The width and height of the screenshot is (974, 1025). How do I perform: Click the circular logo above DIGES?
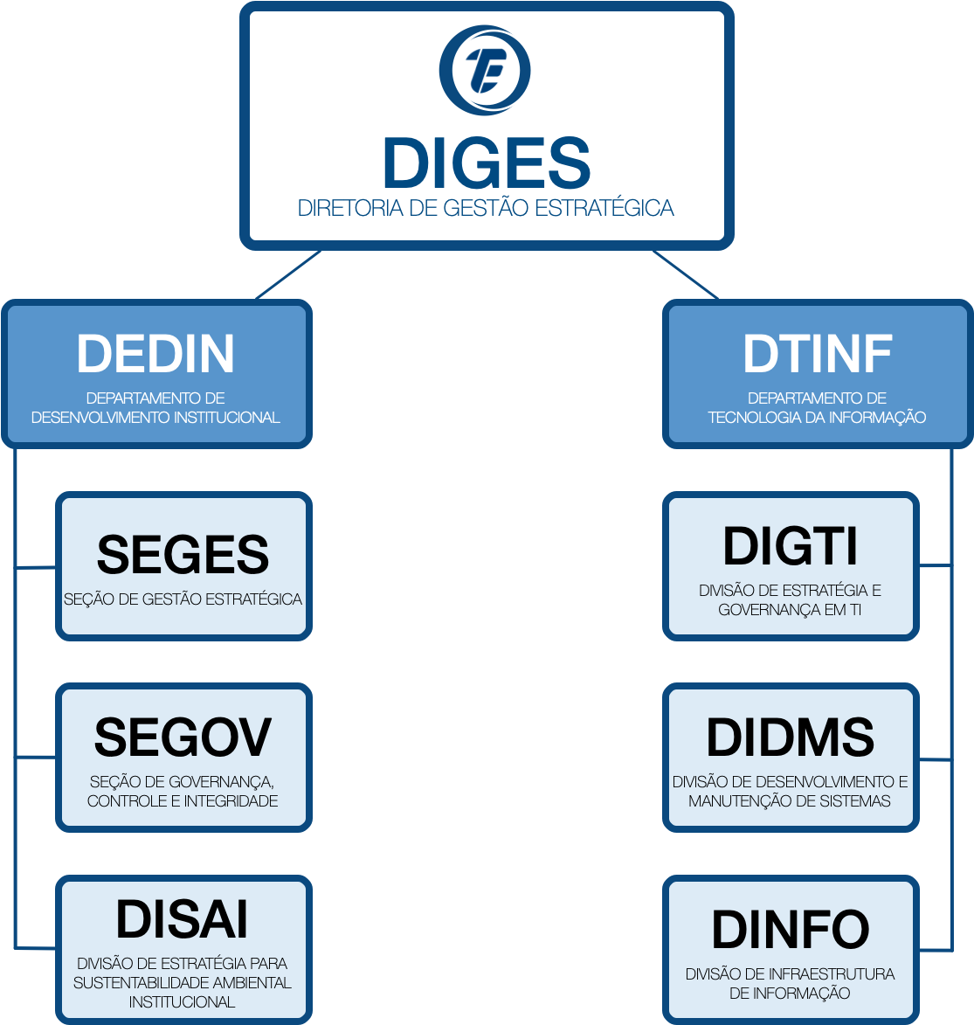485,70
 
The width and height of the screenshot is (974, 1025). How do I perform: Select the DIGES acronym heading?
487,163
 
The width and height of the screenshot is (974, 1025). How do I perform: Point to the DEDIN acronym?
155,354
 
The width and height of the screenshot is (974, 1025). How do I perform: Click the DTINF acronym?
817,354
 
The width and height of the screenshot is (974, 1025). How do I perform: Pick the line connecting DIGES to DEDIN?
288,275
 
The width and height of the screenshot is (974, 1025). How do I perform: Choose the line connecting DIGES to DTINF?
686,275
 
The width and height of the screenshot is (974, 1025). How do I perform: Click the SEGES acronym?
183,555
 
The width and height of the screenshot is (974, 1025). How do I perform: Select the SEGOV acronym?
183,738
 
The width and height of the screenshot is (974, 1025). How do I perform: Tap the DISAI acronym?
183,919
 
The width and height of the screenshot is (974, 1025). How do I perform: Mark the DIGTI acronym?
790,546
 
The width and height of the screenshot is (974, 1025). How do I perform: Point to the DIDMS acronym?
790,738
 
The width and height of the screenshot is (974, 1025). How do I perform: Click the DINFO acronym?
790,929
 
